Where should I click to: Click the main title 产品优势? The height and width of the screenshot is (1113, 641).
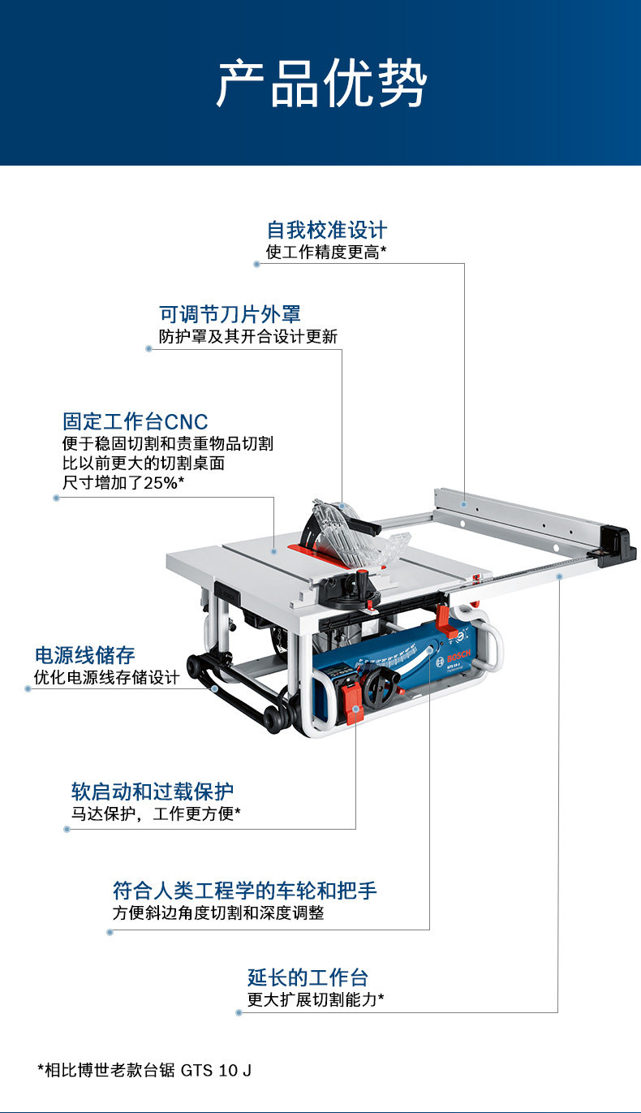tap(320, 83)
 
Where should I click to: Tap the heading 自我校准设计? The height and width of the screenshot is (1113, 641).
tap(327, 230)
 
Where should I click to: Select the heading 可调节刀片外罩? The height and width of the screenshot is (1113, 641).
tap(230, 314)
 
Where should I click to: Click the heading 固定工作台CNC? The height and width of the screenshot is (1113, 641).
tap(135, 422)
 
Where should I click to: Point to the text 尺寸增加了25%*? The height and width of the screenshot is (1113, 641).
tap(123, 483)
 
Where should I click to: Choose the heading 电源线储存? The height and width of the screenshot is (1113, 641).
tap(84, 655)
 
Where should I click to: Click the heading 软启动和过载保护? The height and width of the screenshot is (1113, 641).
tap(153, 791)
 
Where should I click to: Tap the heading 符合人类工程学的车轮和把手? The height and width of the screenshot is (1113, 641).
tap(244, 891)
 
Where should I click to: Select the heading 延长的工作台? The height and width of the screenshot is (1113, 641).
tap(308, 977)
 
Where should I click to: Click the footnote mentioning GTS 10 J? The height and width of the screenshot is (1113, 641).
tap(144, 1070)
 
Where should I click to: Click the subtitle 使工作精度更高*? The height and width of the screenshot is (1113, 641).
tap(326, 252)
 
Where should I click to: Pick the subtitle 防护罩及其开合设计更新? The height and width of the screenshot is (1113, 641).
tap(247, 336)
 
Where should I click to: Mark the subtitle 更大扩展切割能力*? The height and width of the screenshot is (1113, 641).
tap(316, 1000)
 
